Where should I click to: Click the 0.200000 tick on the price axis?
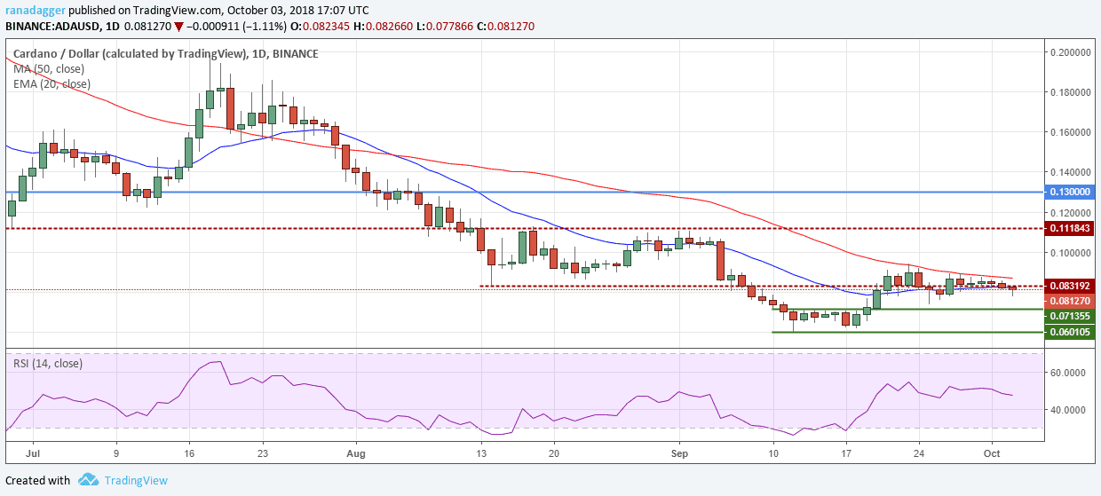[x=1071, y=52]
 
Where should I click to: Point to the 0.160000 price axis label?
[x=1071, y=132]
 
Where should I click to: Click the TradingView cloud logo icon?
[x=88, y=480]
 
